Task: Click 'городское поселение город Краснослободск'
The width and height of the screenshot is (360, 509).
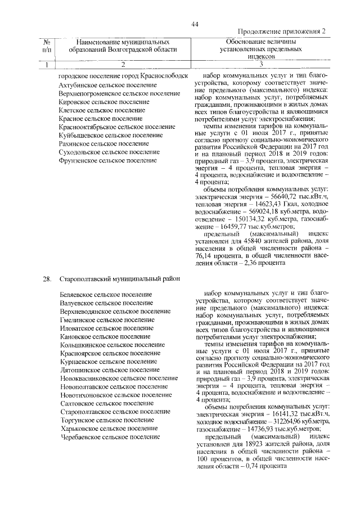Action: pyautogui.click(x=123, y=76)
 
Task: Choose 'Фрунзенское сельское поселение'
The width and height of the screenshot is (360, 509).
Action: pyautogui.click(x=107, y=161)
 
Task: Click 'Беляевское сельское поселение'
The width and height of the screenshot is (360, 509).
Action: pyautogui.click(x=105, y=295)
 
